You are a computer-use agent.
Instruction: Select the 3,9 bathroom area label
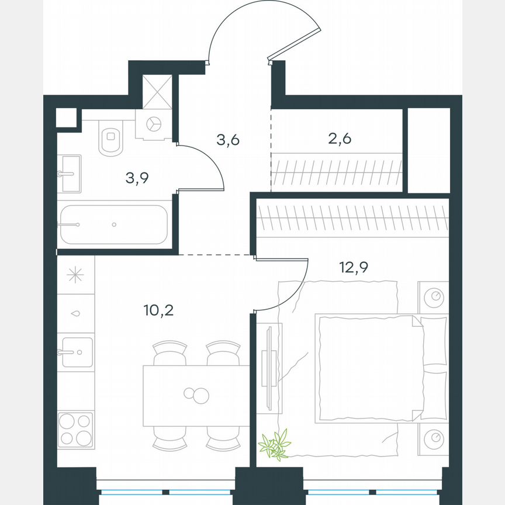pos(137,178)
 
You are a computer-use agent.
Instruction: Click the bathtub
pos(113,224)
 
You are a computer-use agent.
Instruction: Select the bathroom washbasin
pos(70,173)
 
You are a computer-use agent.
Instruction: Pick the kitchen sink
pos(75,352)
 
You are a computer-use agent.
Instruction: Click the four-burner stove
pos(75,429)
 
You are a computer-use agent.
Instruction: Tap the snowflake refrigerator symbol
pos(75,275)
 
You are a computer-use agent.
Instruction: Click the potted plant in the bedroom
pos(275,444)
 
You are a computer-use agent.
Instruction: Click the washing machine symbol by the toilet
pos(154,124)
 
